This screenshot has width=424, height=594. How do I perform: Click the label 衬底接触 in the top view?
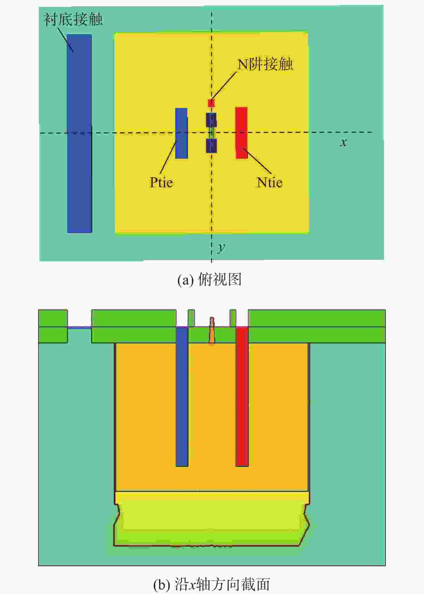tap(73, 20)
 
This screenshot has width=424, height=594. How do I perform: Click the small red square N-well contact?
tap(211, 103)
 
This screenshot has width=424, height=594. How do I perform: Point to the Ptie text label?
tap(161, 183)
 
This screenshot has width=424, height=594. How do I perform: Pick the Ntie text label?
tap(269, 183)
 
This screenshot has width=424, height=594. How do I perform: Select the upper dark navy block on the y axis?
tap(211, 120)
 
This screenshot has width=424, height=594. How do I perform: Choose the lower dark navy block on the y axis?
tap(211, 146)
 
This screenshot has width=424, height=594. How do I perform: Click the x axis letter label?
tap(343, 142)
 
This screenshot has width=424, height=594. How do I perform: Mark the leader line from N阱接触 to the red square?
tap(224, 86)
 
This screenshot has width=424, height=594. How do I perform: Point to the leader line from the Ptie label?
tap(168, 158)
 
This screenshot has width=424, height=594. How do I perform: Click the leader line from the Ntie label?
tap(257, 161)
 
